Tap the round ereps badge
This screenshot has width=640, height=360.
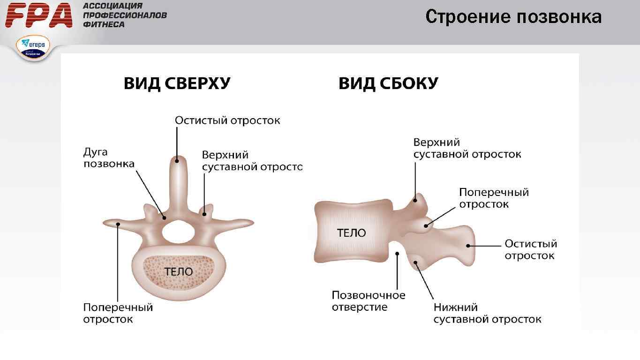[33, 48]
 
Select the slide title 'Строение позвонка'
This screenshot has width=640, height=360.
[513, 17]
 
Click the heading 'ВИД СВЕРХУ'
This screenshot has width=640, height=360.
[177, 84]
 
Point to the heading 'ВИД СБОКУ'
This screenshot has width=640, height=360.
[388, 84]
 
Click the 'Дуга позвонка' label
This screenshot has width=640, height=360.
[109, 158]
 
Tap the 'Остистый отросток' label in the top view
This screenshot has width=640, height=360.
[227, 120]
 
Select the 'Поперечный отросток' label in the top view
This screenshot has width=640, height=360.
[118, 313]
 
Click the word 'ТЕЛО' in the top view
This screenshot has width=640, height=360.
[178, 272]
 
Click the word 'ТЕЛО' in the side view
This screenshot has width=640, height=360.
[351, 233]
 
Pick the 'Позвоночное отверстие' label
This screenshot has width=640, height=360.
[369, 301]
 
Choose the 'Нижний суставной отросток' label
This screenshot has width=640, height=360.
[487, 313]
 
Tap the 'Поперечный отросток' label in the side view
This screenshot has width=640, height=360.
[494, 198]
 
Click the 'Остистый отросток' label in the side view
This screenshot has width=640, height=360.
[530, 249]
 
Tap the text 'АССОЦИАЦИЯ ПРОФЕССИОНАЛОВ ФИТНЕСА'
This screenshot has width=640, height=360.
[125, 15]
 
